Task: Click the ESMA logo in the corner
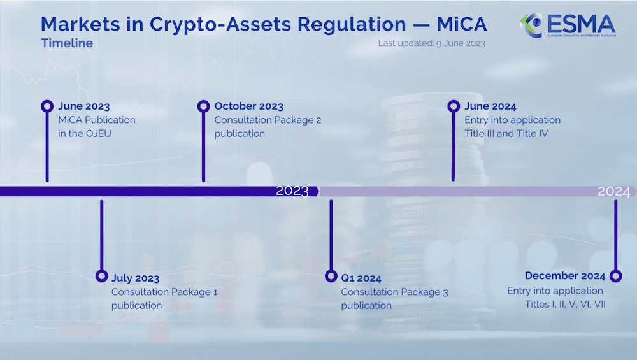pos(568,25)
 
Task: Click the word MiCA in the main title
pos(462,24)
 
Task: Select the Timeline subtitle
pos(67,43)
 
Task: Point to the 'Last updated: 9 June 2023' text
pos(431,43)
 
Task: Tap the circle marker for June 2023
pos(47,106)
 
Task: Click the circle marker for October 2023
pos(203,106)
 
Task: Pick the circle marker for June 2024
pos(454,106)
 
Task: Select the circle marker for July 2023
pos(101,276)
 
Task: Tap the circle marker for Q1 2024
pos(331,276)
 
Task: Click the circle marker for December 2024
pos(615,276)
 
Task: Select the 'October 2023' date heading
pos(249,106)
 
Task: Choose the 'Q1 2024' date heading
pos(361,278)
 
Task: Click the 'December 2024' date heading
pos(564,276)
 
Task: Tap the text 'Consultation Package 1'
pos(164,292)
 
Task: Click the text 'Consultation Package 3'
pos(394,292)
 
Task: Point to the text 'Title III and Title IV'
pos(506,133)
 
